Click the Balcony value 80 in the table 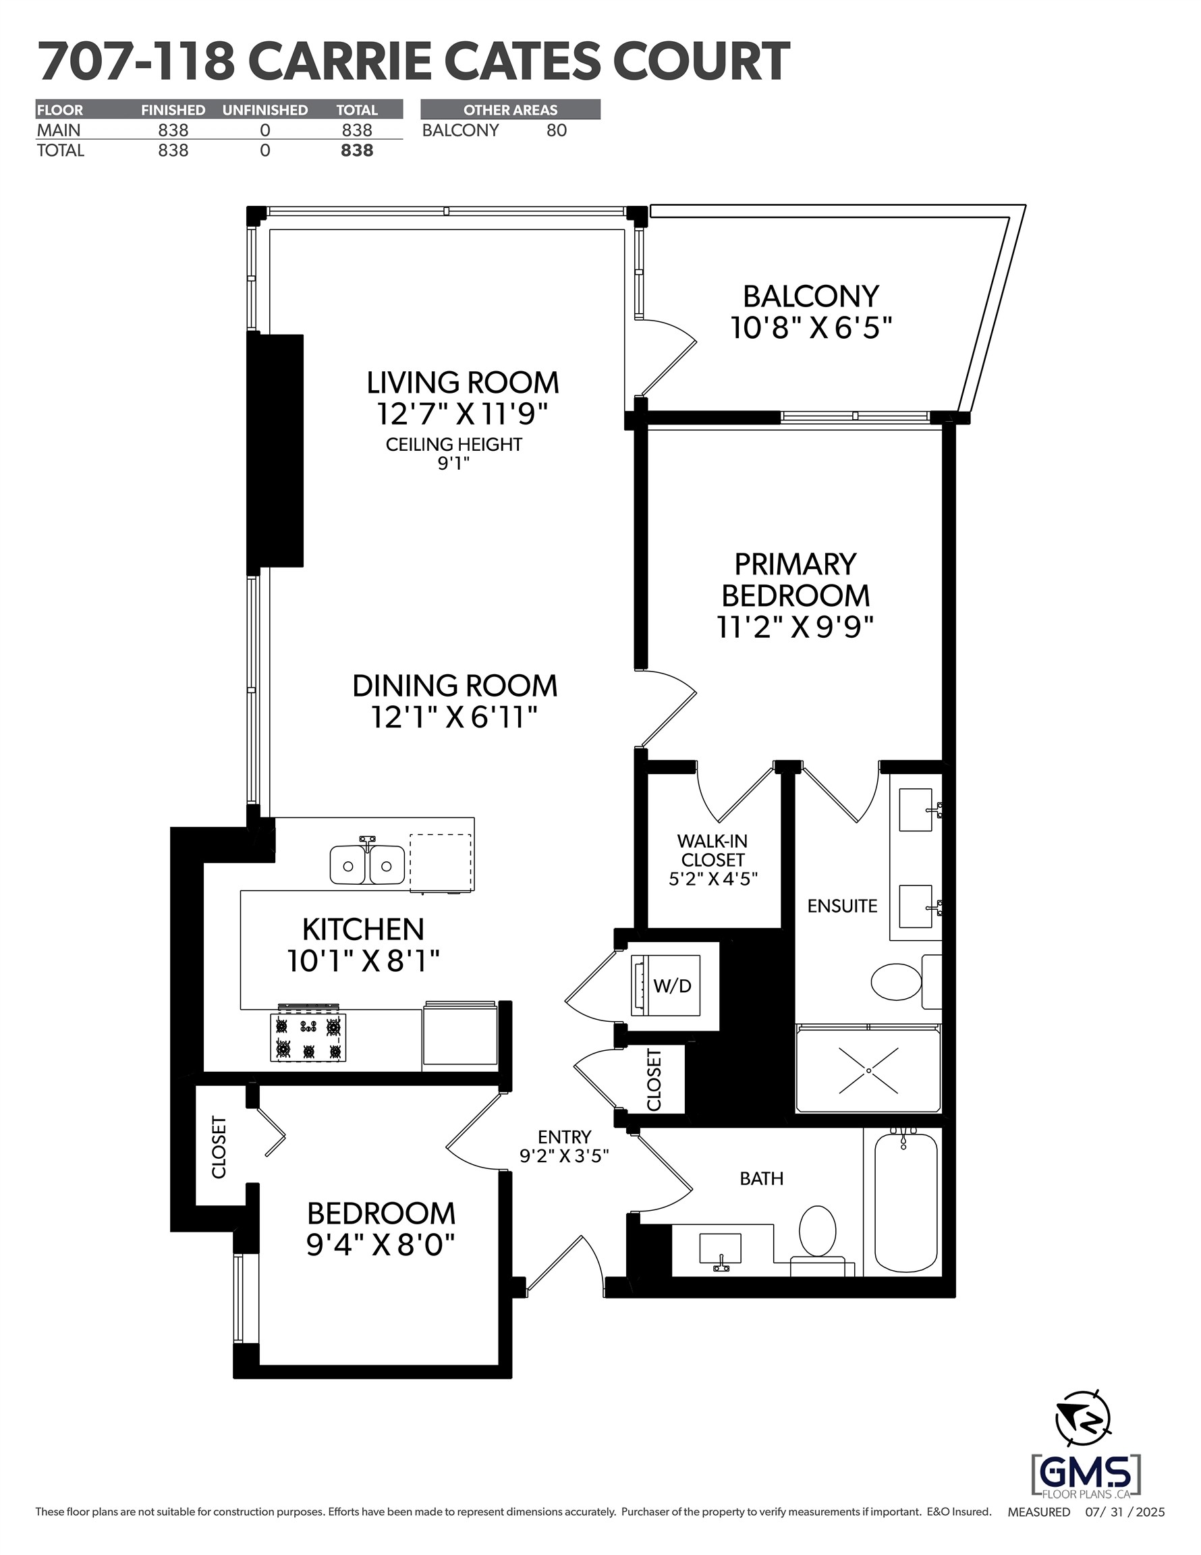click(556, 130)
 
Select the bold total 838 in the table click(357, 151)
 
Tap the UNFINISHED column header click(265, 109)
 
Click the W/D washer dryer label click(672, 986)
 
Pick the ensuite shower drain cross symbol click(868, 1070)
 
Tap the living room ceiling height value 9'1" click(453, 464)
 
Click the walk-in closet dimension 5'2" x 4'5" click(713, 879)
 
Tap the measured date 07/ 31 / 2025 click(1124, 1512)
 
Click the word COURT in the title click(701, 62)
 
